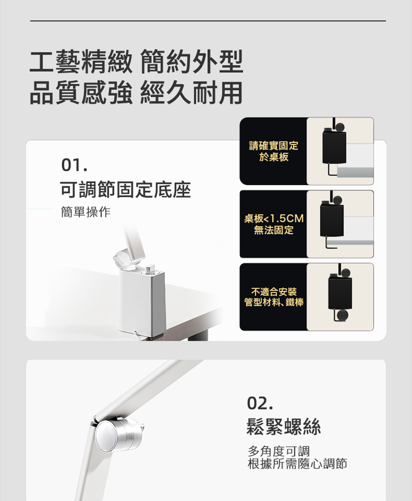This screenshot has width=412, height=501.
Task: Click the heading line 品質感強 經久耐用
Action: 136,93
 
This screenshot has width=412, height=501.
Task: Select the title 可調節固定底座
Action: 126,190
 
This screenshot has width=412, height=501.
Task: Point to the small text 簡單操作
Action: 86,212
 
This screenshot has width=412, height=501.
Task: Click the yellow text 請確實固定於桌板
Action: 274,151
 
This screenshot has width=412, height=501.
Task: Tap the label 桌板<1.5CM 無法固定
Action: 274,224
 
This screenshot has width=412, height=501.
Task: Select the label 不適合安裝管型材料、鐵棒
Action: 274,297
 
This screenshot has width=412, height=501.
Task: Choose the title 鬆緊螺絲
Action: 283,427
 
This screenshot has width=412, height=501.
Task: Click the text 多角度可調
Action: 279,452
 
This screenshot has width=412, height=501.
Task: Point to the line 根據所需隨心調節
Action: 297,464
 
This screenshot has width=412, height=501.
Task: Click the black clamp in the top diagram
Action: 334,147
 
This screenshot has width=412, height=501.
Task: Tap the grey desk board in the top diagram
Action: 355,172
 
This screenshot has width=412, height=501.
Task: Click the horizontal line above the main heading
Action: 208,21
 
